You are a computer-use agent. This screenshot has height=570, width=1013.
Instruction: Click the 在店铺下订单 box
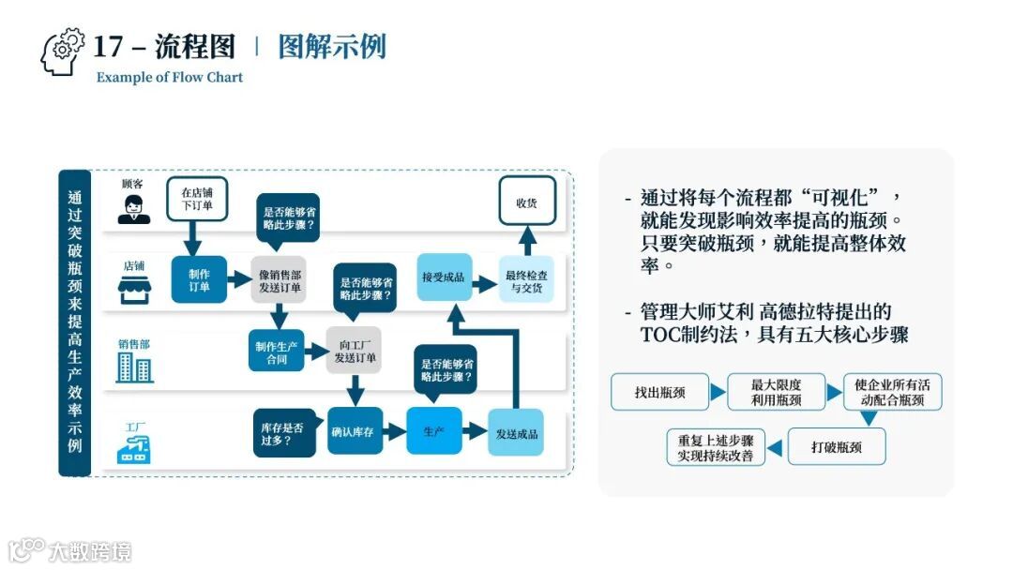tap(198, 199)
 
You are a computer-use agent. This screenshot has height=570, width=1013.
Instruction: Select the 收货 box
tap(527, 202)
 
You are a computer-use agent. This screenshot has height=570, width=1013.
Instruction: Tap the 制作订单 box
tap(199, 279)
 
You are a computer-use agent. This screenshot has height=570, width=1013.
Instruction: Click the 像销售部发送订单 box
tap(279, 279)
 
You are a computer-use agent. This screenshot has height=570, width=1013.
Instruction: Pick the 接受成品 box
tap(445, 277)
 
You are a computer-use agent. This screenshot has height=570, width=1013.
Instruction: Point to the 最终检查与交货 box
tap(527, 279)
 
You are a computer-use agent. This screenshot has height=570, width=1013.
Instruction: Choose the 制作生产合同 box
tap(277, 351)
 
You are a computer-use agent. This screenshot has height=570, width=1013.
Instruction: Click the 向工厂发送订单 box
tap(355, 351)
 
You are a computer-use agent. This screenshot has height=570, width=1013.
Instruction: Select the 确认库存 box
tap(355, 432)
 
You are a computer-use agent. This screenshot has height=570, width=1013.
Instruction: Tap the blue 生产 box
tap(434, 432)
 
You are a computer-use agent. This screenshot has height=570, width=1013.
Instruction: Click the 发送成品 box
tap(517, 432)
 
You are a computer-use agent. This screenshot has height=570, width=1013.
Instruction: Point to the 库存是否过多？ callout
tap(283, 432)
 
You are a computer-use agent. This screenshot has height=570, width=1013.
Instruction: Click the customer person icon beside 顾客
tap(133, 207)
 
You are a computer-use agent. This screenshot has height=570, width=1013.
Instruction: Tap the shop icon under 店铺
tap(133, 287)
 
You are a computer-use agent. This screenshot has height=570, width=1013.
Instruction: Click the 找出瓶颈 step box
tap(659, 392)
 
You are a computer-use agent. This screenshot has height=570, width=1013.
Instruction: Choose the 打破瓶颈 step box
tap(836, 447)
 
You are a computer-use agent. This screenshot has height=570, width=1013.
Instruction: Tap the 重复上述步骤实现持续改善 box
tap(716, 447)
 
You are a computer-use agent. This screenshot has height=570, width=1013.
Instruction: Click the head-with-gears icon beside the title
tap(62, 52)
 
